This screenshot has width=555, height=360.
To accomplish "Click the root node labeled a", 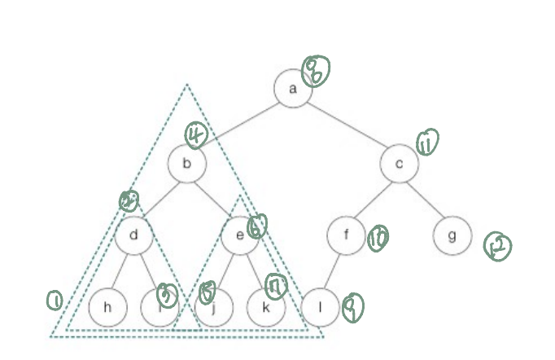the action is (293, 89).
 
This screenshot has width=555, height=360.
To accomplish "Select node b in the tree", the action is (187, 165).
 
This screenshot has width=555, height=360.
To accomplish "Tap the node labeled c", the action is (399, 165).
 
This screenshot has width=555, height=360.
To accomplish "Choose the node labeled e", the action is (241, 236).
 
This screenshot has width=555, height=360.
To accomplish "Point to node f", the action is (346, 236).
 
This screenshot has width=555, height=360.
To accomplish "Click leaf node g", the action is (452, 236).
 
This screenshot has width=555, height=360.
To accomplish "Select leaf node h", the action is (107, 308).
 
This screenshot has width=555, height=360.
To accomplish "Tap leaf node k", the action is (267, 308).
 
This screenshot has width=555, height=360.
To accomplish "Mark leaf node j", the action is (215, 308).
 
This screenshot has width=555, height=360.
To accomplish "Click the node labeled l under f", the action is (320, 308).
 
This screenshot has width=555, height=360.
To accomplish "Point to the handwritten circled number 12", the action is (496, 247).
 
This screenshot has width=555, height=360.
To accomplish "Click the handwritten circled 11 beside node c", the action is (426, 143).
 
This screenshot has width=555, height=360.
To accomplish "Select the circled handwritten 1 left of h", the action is (55, 301).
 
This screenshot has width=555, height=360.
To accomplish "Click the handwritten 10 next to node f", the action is (377, 238).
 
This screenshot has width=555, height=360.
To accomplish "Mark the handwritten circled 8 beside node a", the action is (315, 72).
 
